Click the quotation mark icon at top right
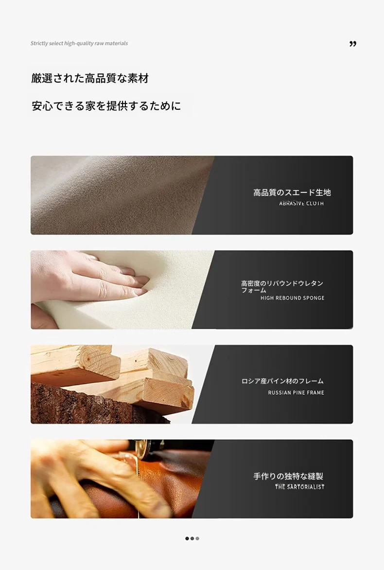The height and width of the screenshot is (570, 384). pyautogui.click(x=353, y=44)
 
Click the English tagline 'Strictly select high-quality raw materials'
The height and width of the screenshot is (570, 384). pyautogui.click(x=79, y=43)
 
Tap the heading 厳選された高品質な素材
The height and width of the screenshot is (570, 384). pyautogui.click(x=90, y=78)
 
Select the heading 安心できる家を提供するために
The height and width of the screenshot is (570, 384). pyautogui.click(x=106, y=106)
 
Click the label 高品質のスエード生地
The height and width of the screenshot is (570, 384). pyautogui.click(x=292, y=192)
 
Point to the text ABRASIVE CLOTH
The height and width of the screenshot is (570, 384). pyautogui.click(x=301, y=203)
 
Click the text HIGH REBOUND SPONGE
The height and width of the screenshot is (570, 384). pyautogui.click(x=292, y=298)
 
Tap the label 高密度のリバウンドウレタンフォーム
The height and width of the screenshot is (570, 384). pyautogui.click(x=282, y=286)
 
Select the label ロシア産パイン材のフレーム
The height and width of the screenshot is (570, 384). pyautogui.click(x=282, y=381)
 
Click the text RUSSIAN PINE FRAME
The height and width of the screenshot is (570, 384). pyautogui.click(x=296, y=393)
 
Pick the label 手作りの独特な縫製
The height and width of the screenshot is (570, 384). pyautogui.click(x=288, y=476)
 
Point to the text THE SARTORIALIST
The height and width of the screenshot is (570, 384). pyautogui.click(x=299, y=487)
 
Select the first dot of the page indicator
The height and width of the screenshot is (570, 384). pyautogui.click(x=187, y=538)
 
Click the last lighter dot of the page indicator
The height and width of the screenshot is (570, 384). pyautogui.click(x=197, y=538)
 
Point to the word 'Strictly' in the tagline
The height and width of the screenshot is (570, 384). pyautogui.click(x=39, y=43)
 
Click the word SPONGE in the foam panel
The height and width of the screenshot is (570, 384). pyautogui.click(x=314, y=298)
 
